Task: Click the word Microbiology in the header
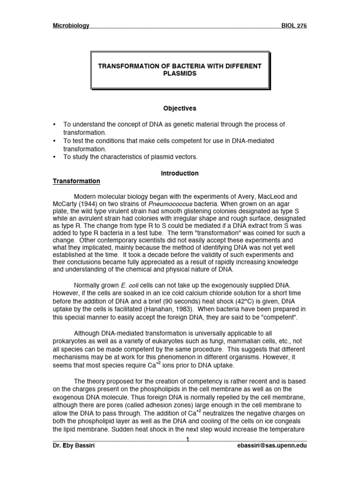[70, 26]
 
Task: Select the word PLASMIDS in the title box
[180, 74]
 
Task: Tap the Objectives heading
[180, 108]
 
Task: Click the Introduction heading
[180, 173]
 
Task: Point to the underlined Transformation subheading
[76, 181]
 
